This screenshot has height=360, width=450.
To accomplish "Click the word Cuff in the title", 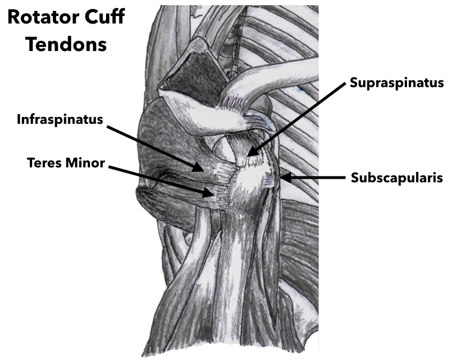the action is (x=104, y=17).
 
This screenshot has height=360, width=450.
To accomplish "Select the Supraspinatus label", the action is (x=397, y=83).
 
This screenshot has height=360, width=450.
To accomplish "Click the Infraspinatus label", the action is (x=60, y=119).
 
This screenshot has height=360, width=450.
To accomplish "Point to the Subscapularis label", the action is (x=397, y=178).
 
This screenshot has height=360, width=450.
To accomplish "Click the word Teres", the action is (x=45, y=163).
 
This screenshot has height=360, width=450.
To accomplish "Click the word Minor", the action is (x=85, y=163).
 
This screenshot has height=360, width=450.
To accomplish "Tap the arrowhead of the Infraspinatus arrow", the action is (x=198, y=166).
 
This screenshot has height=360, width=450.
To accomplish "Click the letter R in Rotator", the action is (x=14, y=17).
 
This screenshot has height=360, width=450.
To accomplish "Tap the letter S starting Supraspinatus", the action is (x=354, y=83).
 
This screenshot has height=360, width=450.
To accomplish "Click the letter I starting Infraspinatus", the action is (x=19, y=119).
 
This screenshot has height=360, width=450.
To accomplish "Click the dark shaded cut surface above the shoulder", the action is (x=195, y=77).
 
